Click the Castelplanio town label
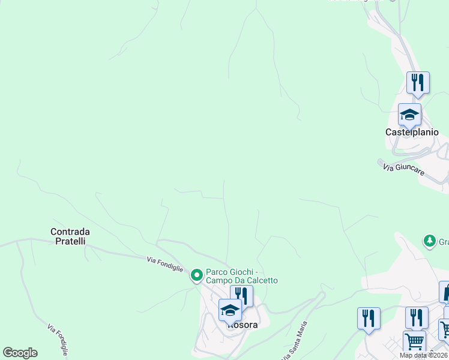[412, 132]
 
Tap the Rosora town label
[243, 325]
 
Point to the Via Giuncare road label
[403, 170]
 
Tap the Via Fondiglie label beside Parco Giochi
[164, 263]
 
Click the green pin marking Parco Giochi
[196, 275]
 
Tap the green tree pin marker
[429, 241]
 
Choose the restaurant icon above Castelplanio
[418, 82]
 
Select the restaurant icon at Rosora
[241, 295]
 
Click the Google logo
[20, 353]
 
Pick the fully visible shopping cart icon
[414, 341]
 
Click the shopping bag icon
[446, 292]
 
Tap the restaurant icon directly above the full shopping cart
[417, 317]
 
